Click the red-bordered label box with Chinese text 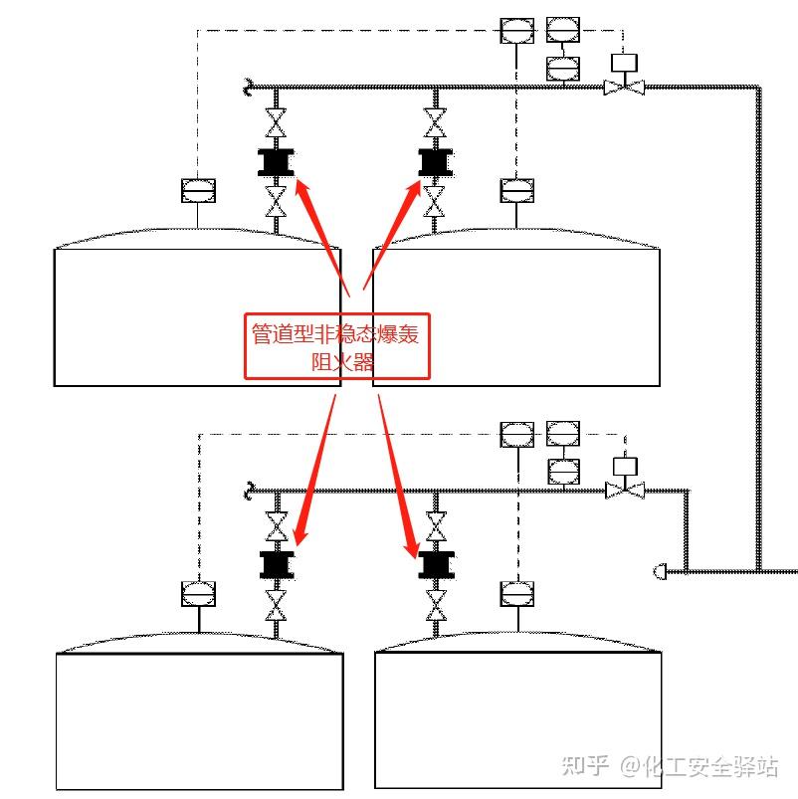tap(337, 345)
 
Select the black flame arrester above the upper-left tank tap(276, 162)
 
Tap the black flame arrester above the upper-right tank tap(435, 162)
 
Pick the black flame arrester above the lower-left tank tap(277, 564)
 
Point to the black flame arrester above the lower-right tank tap(436, 564)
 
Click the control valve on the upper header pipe tap(624, 88)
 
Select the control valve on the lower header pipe tap(625, 491)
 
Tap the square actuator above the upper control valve tap(624, 62)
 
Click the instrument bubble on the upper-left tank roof tap(198, 189)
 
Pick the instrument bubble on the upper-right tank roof tap(516, 189)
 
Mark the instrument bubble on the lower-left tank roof tap(198, 593)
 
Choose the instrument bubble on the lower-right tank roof tap(516, 593)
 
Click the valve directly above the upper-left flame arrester tap(276, 123)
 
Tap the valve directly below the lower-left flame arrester tap(277, 603)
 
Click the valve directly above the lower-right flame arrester tap(436, 526)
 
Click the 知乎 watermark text tap(585, 766)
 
